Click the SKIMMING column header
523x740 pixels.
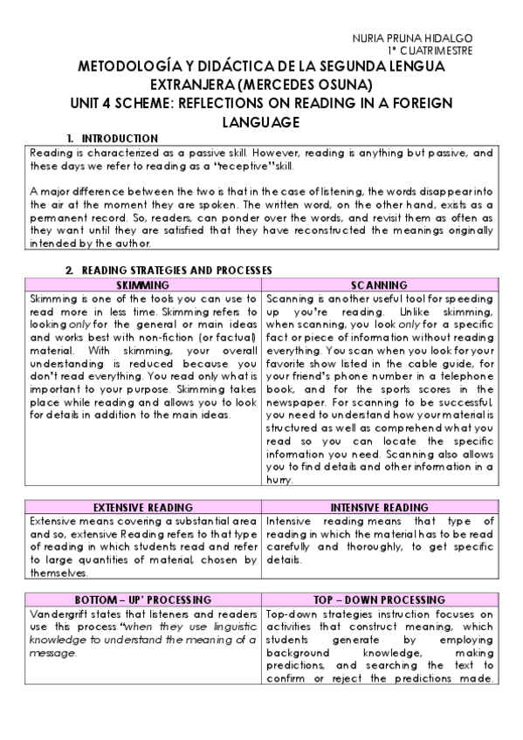142,284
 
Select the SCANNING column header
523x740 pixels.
379,284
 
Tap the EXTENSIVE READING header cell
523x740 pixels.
142,507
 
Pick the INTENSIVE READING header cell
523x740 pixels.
379,507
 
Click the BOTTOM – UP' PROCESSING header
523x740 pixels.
142,600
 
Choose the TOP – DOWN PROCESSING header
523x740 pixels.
379,600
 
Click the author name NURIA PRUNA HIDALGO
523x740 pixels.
411,38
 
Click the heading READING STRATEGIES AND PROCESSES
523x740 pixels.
176,271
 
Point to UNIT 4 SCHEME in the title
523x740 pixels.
123,102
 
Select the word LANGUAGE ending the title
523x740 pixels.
262,121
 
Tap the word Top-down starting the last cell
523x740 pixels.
290,614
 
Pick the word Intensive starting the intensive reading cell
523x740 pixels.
292,521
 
